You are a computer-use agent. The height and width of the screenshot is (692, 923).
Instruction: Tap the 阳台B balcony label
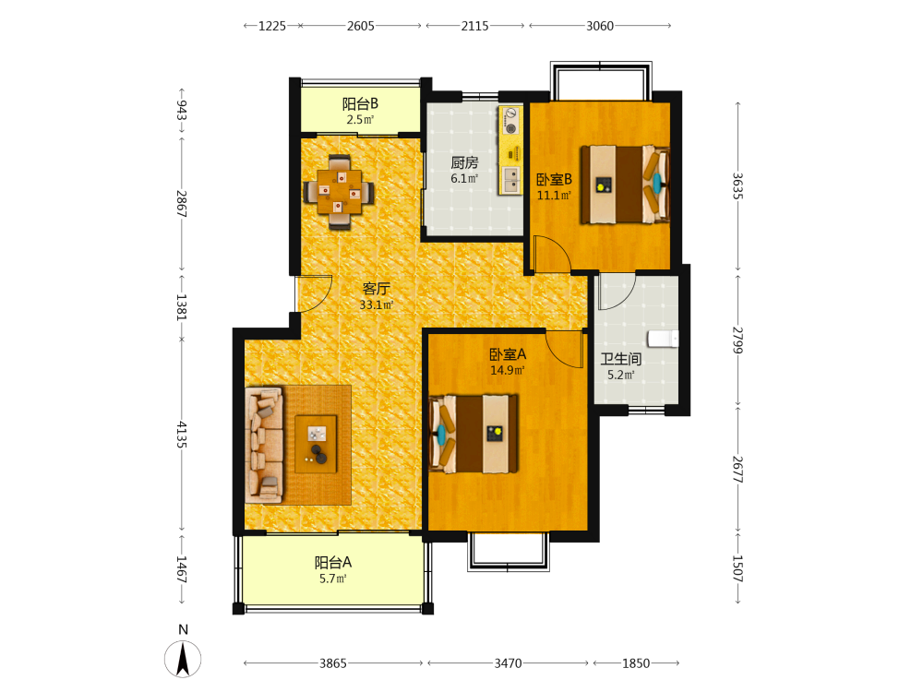coord(360,104)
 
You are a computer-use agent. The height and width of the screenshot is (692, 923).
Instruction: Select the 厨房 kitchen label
coord(464,162)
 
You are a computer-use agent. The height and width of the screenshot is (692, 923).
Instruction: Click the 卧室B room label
coord(554,180)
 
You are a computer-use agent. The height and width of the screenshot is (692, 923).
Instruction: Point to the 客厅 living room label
coord(377,288)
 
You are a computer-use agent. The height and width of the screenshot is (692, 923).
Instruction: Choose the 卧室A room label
coord(508,354)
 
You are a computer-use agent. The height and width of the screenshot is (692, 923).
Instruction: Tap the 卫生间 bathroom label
coord(621,359)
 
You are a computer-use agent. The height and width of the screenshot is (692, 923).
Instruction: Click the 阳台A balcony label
coord(332,563)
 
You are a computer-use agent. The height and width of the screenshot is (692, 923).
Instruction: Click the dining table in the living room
coord(339,192)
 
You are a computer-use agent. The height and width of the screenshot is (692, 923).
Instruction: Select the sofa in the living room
coord(264,445)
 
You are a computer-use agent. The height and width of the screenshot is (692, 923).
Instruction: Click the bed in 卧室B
coord(625,185)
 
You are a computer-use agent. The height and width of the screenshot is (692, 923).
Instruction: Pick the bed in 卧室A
coord(473,434)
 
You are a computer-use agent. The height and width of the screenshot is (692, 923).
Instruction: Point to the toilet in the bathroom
coord(663,339)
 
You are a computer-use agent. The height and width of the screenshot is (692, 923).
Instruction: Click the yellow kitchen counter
coord(510,150)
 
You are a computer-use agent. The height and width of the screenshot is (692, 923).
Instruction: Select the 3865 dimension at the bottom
coord(332,663)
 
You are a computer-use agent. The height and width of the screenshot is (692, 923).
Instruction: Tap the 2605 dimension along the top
coord(360,26)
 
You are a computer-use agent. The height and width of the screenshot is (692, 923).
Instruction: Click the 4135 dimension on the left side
coord(181,435)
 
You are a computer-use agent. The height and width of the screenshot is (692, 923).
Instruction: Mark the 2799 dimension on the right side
coord(737,340)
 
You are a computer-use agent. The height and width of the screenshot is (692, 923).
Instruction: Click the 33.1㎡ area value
coord(377,304)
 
